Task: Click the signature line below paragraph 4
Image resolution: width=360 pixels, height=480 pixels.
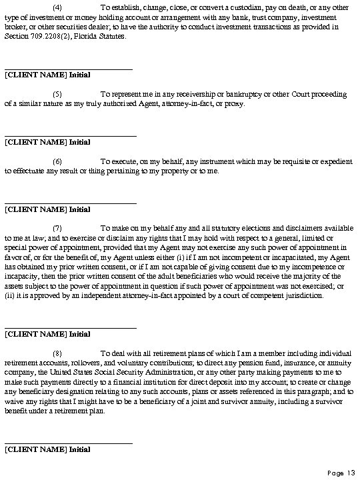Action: pyautogui.click(x=68, y=67)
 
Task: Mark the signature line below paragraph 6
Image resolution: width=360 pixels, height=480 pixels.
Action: pyautogui.click(x=70, y=202)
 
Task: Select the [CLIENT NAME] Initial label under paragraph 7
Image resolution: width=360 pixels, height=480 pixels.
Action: pyautogui.click(x=47, y=333)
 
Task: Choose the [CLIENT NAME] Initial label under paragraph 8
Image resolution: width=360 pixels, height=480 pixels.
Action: pyautogui.click(x=47, y=449)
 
